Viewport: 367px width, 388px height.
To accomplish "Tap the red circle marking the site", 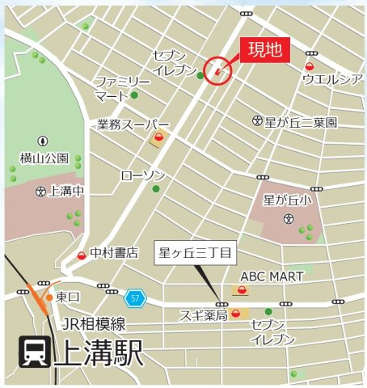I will click(x=218, y=72).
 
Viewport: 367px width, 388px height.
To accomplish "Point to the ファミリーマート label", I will click(x=121, y=90).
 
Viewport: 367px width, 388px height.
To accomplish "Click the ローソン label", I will click(x=142, y=175).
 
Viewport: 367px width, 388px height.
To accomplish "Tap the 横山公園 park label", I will click(x=44, y=159).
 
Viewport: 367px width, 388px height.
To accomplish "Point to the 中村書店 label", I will click(x=114, y=253).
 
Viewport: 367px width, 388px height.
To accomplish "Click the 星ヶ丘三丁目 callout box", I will click(x=195, y=253).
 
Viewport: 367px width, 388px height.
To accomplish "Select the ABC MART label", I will click(x=272, y=276).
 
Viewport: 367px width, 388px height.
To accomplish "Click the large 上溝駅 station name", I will click(x=98, y=353).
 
